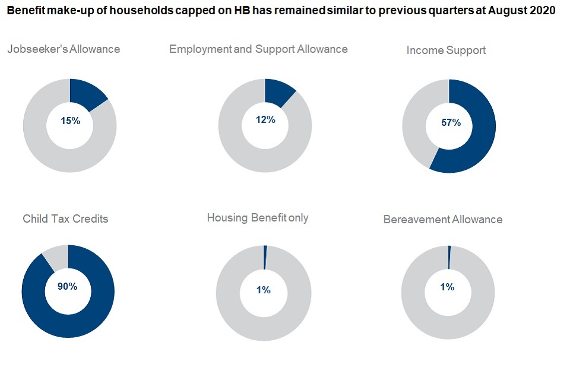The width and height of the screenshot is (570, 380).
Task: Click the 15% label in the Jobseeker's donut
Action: pyautogui.click(x=70, y=121)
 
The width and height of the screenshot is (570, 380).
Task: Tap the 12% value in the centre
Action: pyautogui.click(x=265, y=119)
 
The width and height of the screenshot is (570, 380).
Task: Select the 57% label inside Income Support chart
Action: pyautogui.click(x=451, y=123)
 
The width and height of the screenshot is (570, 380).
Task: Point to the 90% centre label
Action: pyautogui.click(x=67, y=286)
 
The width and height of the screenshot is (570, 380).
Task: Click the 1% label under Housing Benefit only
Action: pyautogui.click(x=264, y=290)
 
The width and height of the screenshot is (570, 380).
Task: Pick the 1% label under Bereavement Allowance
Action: pyautogui.click(x=447, y=287)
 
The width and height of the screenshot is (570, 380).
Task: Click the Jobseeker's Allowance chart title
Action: pyautogui.click(x=64, y=49)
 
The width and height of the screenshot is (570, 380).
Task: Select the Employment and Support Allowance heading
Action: pyautogui.click(x=258, y=49)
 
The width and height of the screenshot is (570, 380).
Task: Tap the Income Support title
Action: pyautogui.click(x=446, y=50)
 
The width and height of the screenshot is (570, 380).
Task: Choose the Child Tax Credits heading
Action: pyautogui.click(x=65, y=218)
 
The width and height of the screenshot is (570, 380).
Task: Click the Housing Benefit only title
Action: pyautogui.click(x=258, y=218)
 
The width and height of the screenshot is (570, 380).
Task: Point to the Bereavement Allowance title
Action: pyautogui.click(x=443, y=220)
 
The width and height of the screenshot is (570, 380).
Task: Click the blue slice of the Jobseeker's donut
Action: pyautogui.click(x=87, y=93)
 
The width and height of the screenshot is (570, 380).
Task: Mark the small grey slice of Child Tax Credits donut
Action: pyautogui.click(x=55, y=256)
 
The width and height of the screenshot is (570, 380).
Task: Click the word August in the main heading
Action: pyautogui.click(x=506, y=11)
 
